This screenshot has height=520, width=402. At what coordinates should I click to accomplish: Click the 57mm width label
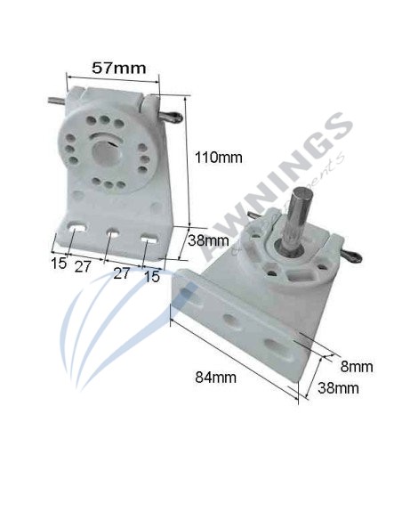(119, 66)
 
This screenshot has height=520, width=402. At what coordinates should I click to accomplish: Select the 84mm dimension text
(217, 377)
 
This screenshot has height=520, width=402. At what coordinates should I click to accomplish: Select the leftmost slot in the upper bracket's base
(75, 230)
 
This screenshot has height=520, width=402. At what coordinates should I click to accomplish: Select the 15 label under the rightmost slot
(152, 277)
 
